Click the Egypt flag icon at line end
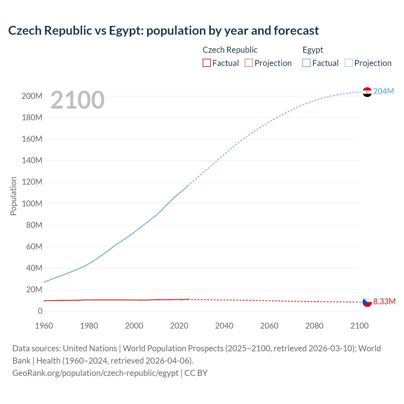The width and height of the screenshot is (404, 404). pyautogui.click(x=367, y=92)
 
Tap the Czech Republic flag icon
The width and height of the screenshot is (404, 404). pyautogui.click(x=367, y=302)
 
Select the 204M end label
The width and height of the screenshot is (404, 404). pyautogui.click(x=383, y=91)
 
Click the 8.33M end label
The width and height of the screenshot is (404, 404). pyautogui.click(x=384, y=301)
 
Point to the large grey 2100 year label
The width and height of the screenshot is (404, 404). pyautogui.click(x=77, y=100)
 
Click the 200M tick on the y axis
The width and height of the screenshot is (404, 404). pyautogui.click(x=32, y=96)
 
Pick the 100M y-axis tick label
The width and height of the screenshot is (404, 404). pyautogui.click(x=32, y=204)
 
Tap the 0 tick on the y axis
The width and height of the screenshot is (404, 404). pyautogui.click(x=40, y=311)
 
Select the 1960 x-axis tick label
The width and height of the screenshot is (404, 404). pyautogui.click(x=44, y=326)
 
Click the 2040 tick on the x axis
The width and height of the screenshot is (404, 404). pyautogui.click(x=224, y=326)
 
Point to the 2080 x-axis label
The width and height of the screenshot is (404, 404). pyautogui.click(x=314, y=326)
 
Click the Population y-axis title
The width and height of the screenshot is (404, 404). pyautogui.click(x=13, y=196)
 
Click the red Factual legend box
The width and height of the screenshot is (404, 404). pyautogui.click(x=207, y=63)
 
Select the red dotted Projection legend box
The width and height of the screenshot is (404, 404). pyautogui.click(x=249, y=63)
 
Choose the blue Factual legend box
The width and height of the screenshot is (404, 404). pyautogui.click(x=306, y=63)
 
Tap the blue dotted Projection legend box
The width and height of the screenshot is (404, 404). pyautogui.click(x=349, y=63)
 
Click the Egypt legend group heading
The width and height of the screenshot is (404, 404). pyautogui.click(x=313, y=50)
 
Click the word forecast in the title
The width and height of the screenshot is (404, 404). pyautogui.click(x=296, y=31)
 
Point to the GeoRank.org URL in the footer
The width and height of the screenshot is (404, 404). pyautogui.click(x=95, y=373)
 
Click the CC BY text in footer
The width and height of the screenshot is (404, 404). pyautogui.click(x=196, y=373)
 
